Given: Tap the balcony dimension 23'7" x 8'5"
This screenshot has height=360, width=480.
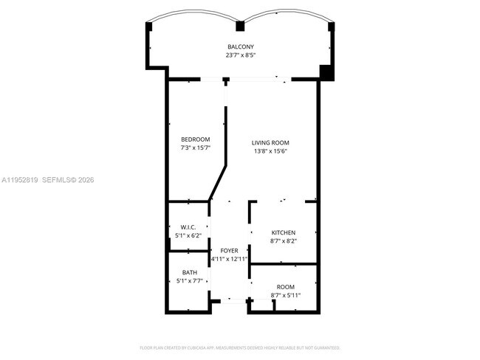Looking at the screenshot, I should pyautogui.click(x=241, y=55).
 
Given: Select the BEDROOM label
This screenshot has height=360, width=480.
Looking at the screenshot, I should pyautogui.click(x=196, y=139).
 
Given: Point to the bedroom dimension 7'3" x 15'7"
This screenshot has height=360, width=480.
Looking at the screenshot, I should pyautogui.click(x=196, y=148).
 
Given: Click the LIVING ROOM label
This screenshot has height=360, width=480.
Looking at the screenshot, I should pyautogui.click(x=270, y=142).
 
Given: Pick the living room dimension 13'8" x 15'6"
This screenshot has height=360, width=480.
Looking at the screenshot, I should pyautogui.click(x=270, y=151).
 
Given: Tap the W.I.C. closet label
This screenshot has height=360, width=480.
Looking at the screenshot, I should pyautogui.click(x=188, y=226).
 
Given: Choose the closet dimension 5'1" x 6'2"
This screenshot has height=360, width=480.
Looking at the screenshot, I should pyautogui.click(x=188, y=235).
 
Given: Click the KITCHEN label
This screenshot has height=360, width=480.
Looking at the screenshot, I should pyautogui.click(x=283, y=232).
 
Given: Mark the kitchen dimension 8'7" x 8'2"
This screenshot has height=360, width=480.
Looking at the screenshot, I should pyautogui.click(x=283, y=241).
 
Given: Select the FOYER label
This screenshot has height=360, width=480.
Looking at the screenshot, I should pyautogui.click(x=228, y=251).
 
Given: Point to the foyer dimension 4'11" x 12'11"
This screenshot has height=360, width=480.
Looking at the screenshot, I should pyautogui.click(x=228, y=259).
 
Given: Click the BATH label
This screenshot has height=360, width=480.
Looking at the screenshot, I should pyautogui.click(x=189, y=272).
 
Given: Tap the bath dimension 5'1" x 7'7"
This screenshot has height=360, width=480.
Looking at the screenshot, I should pyautogui.click(x=189, y=281).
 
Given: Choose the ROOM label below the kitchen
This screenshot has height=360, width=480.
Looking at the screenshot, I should pyautogui.click(x=285, y=286).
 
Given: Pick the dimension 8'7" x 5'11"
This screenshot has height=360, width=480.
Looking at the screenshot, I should pyautogui.click(x=285, y=295).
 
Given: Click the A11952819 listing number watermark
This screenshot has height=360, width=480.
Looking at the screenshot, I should pyautogui.click(x=21, y=180).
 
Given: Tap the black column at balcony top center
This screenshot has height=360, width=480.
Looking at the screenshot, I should pyautogui.click(x=239, y=27).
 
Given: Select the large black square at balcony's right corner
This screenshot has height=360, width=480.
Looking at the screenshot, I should pyautogui.click(x=326, y=72).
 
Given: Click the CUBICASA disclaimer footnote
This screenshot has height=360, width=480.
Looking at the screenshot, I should pyautogui.click(x=240, y=347).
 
